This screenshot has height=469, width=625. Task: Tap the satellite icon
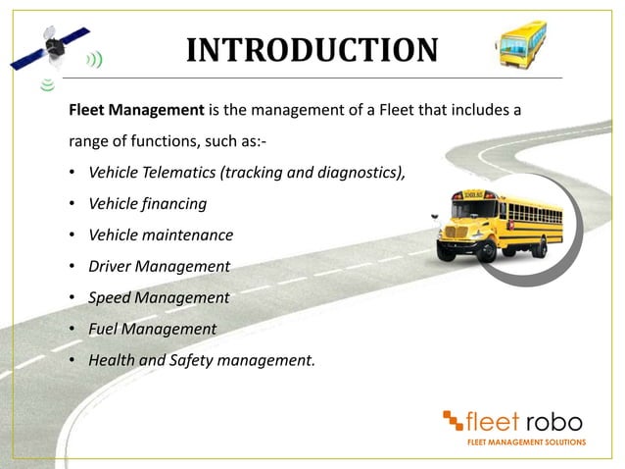[x=55, y=44]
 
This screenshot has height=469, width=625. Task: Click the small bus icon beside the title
[x=520, y=44]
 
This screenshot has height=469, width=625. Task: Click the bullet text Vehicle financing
[x=147, y=204]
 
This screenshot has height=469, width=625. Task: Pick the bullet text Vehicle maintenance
[x=161, y=235]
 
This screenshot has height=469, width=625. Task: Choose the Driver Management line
[x=159, y=266]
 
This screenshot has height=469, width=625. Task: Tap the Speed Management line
[x=159, y=297]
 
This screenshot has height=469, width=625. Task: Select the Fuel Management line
[x=152, y=328]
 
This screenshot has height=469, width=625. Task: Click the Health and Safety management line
[x=202, y=359]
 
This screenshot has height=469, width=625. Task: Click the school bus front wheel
[x=485, y=250]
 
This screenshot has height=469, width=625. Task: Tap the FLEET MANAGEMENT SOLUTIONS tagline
[x=526, y=443]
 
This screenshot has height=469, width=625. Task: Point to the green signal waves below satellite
[x=44, y=85]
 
